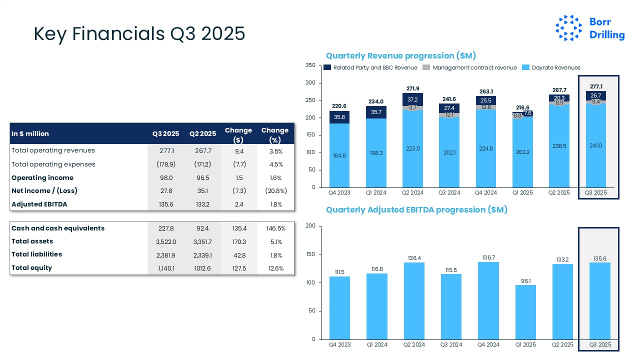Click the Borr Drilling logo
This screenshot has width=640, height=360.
(590, 28)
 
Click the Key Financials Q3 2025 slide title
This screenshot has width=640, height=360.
(139, 34)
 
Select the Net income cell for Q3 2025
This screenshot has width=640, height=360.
(165, 191)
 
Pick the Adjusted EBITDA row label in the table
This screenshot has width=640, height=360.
(39, 204)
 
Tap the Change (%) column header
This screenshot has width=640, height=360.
(274, 133)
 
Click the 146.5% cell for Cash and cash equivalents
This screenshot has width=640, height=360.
(275, 228)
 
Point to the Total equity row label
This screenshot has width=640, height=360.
(32, 268)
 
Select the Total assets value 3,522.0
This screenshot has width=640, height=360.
(165, 241)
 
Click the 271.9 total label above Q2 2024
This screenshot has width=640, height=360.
(412, 88)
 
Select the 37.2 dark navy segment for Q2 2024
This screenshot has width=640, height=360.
(412, 99)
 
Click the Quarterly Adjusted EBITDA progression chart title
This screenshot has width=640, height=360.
(416, 210)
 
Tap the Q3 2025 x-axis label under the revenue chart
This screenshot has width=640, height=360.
(598, 192)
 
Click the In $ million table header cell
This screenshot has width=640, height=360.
(30, 133)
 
